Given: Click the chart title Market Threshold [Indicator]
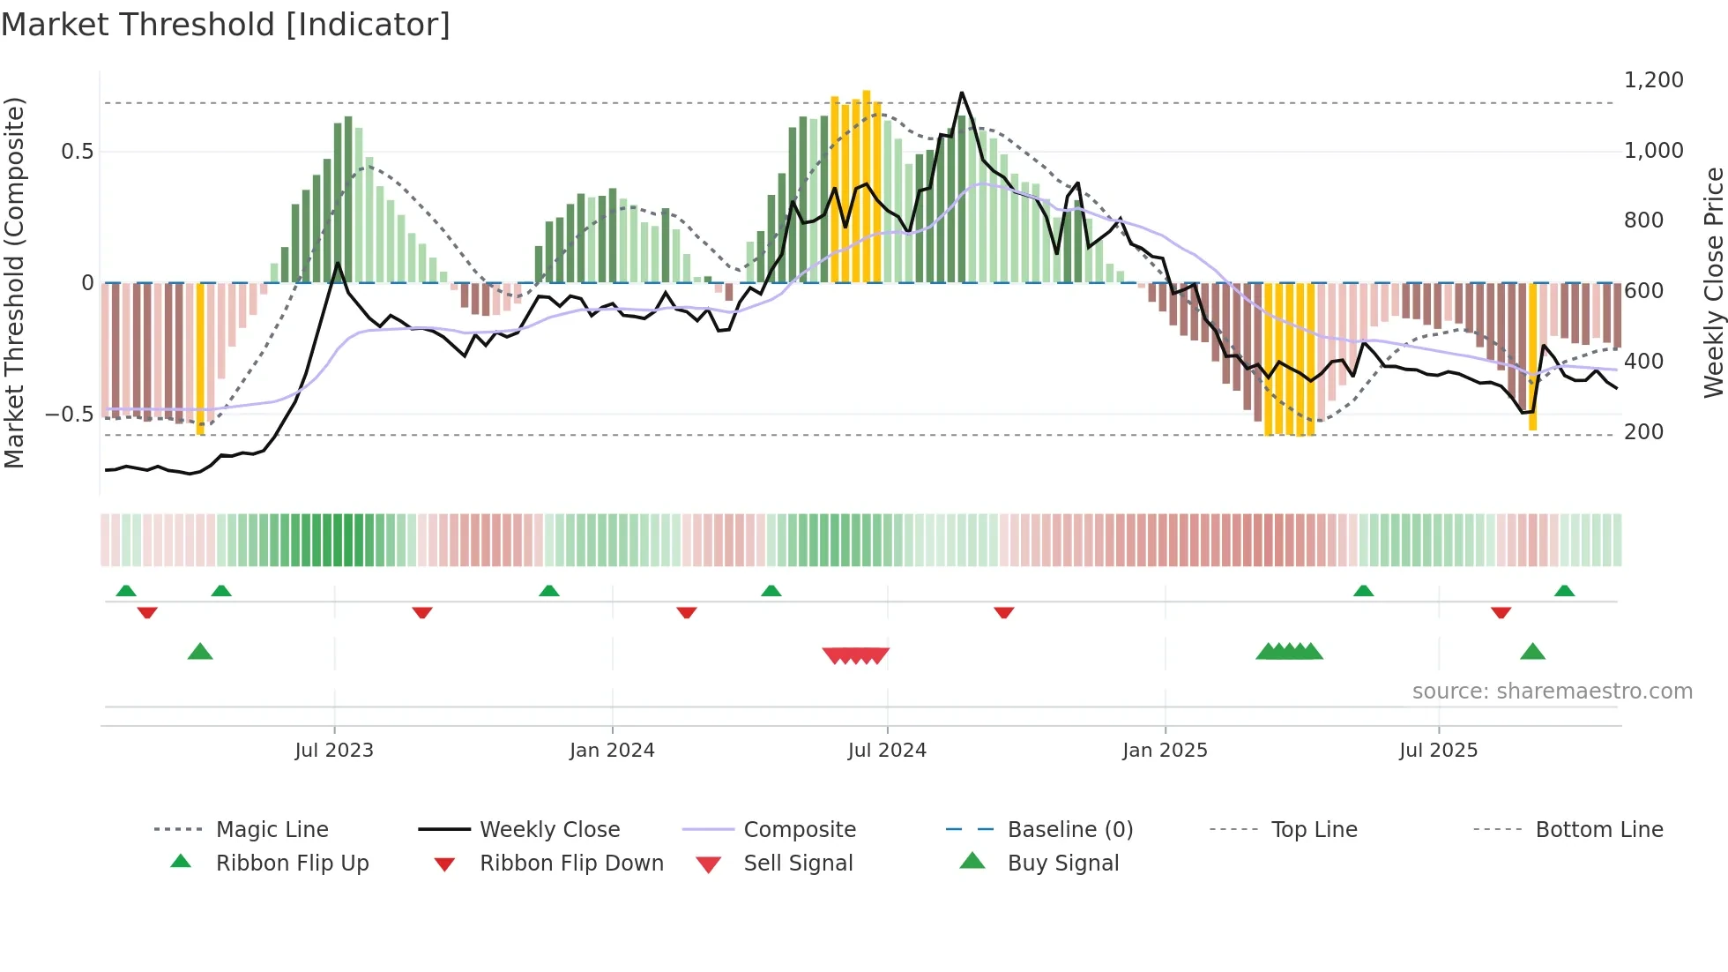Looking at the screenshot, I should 226,25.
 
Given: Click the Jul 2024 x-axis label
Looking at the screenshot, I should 887,751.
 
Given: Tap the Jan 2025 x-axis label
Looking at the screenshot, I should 1165,751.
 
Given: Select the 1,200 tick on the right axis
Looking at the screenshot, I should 1653,80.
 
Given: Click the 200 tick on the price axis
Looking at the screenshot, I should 1643,432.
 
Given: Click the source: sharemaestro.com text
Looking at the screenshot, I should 1552,692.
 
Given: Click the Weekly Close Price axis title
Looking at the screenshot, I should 1713,282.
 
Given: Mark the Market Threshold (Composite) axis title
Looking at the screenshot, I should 14,282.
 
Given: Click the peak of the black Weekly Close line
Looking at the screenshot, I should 961,93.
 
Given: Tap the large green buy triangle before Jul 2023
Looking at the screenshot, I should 200,652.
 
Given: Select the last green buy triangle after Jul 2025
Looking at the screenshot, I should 1532,652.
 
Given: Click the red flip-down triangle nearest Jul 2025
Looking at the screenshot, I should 1501,612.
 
